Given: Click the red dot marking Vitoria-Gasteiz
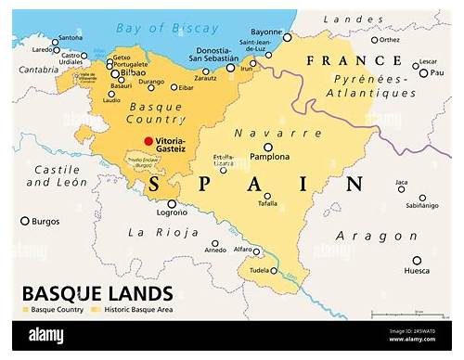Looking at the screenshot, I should click(148, 141).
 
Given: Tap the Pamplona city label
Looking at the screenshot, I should click(269, 158).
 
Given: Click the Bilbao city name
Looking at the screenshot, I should click(134, 71).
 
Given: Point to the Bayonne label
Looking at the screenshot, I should click(266, 31).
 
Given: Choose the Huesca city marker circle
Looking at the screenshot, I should click(417, 260).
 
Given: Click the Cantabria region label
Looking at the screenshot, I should click(39, 70).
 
